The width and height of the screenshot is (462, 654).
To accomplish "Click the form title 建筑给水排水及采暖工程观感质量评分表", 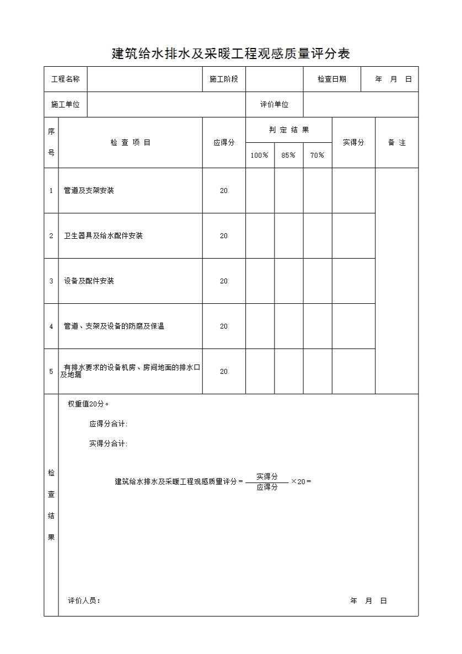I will click(231, 53).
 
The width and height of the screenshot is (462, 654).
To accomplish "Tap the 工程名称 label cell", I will click(66, 79).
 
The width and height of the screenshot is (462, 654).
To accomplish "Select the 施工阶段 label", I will click(224, 79).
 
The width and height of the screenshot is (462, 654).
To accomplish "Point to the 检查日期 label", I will click(332, 79).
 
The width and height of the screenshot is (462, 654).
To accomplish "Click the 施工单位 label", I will click(66, 105).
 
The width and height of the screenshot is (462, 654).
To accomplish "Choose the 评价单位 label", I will click(275, 105).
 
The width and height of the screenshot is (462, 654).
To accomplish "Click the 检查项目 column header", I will click(131, 143).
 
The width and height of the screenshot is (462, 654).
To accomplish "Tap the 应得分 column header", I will click(224, 143).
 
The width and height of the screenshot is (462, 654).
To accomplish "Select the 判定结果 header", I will click(289, 130).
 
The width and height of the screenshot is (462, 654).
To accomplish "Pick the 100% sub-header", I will click(260, 156).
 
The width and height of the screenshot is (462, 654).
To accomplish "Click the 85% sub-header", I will click(288, 156).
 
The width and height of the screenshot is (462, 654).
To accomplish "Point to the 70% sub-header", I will click(318, 156).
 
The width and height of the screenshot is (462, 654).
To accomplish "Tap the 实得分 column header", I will click(353, 143).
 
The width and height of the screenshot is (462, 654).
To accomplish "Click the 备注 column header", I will click(397, 143).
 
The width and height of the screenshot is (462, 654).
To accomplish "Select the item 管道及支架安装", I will click(89, 191).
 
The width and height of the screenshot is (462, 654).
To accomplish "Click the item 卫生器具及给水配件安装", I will click(104, 236).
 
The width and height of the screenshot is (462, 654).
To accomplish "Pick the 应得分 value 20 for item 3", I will click(224, 281).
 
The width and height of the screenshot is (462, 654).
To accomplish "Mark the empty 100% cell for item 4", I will click(260, 326).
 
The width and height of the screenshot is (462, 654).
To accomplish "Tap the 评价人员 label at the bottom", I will click(84, 601).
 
